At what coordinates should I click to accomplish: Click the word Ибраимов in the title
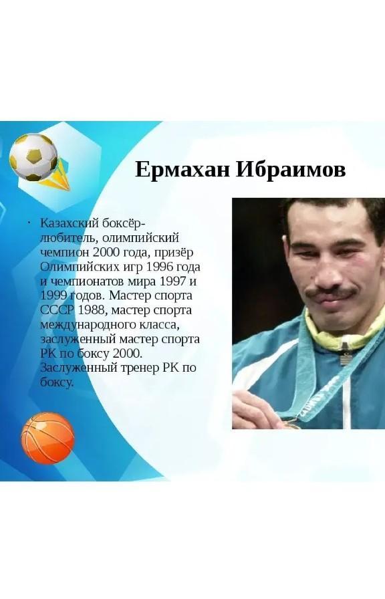click(x=291, y=170)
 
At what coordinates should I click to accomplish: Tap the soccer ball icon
click(x=33, y=157)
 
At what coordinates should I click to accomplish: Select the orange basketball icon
click(x=47, y=438)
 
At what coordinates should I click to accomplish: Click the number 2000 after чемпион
click(x=106, y=252)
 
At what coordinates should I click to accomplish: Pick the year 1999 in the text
click(x=54, y=295)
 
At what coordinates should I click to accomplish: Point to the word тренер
click(x=140, y=368)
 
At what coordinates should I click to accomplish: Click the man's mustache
click(x=331, y=294)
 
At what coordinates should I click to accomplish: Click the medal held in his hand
click(x=290, y=423)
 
